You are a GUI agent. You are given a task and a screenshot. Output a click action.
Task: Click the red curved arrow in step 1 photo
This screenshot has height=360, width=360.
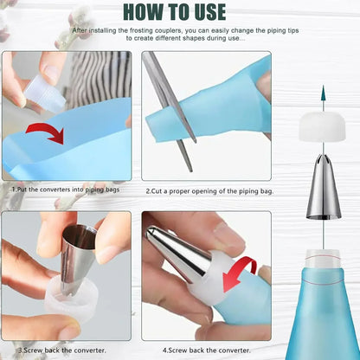click(x=44, y=132)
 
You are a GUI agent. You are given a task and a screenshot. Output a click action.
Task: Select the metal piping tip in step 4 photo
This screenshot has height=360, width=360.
click(x=177, y=251)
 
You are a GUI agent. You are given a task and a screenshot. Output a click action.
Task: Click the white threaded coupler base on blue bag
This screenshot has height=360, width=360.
click(x=322, y=259)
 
